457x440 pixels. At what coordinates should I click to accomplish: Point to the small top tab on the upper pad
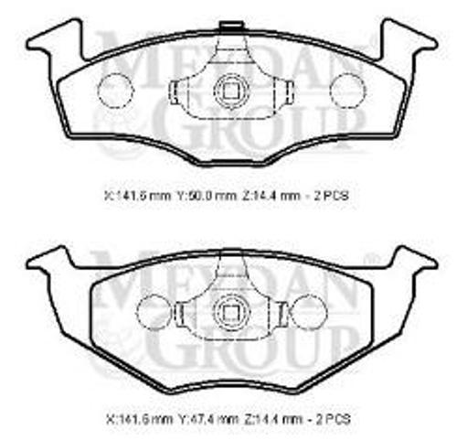[230, 24]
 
